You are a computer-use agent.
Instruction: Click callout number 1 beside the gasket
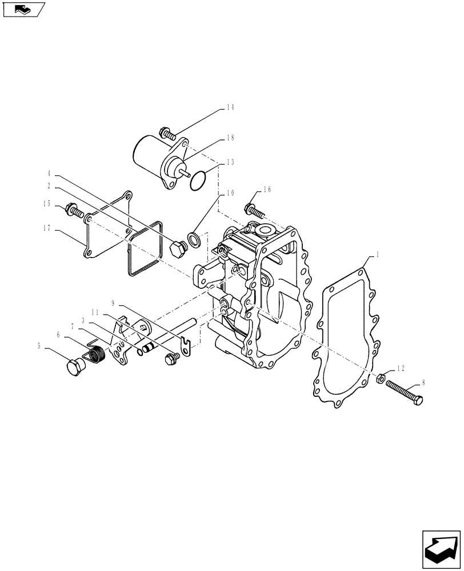377,252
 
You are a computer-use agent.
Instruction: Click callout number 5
39,345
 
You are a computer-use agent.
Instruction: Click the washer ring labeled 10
194,239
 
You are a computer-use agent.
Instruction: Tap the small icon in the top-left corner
23,9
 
